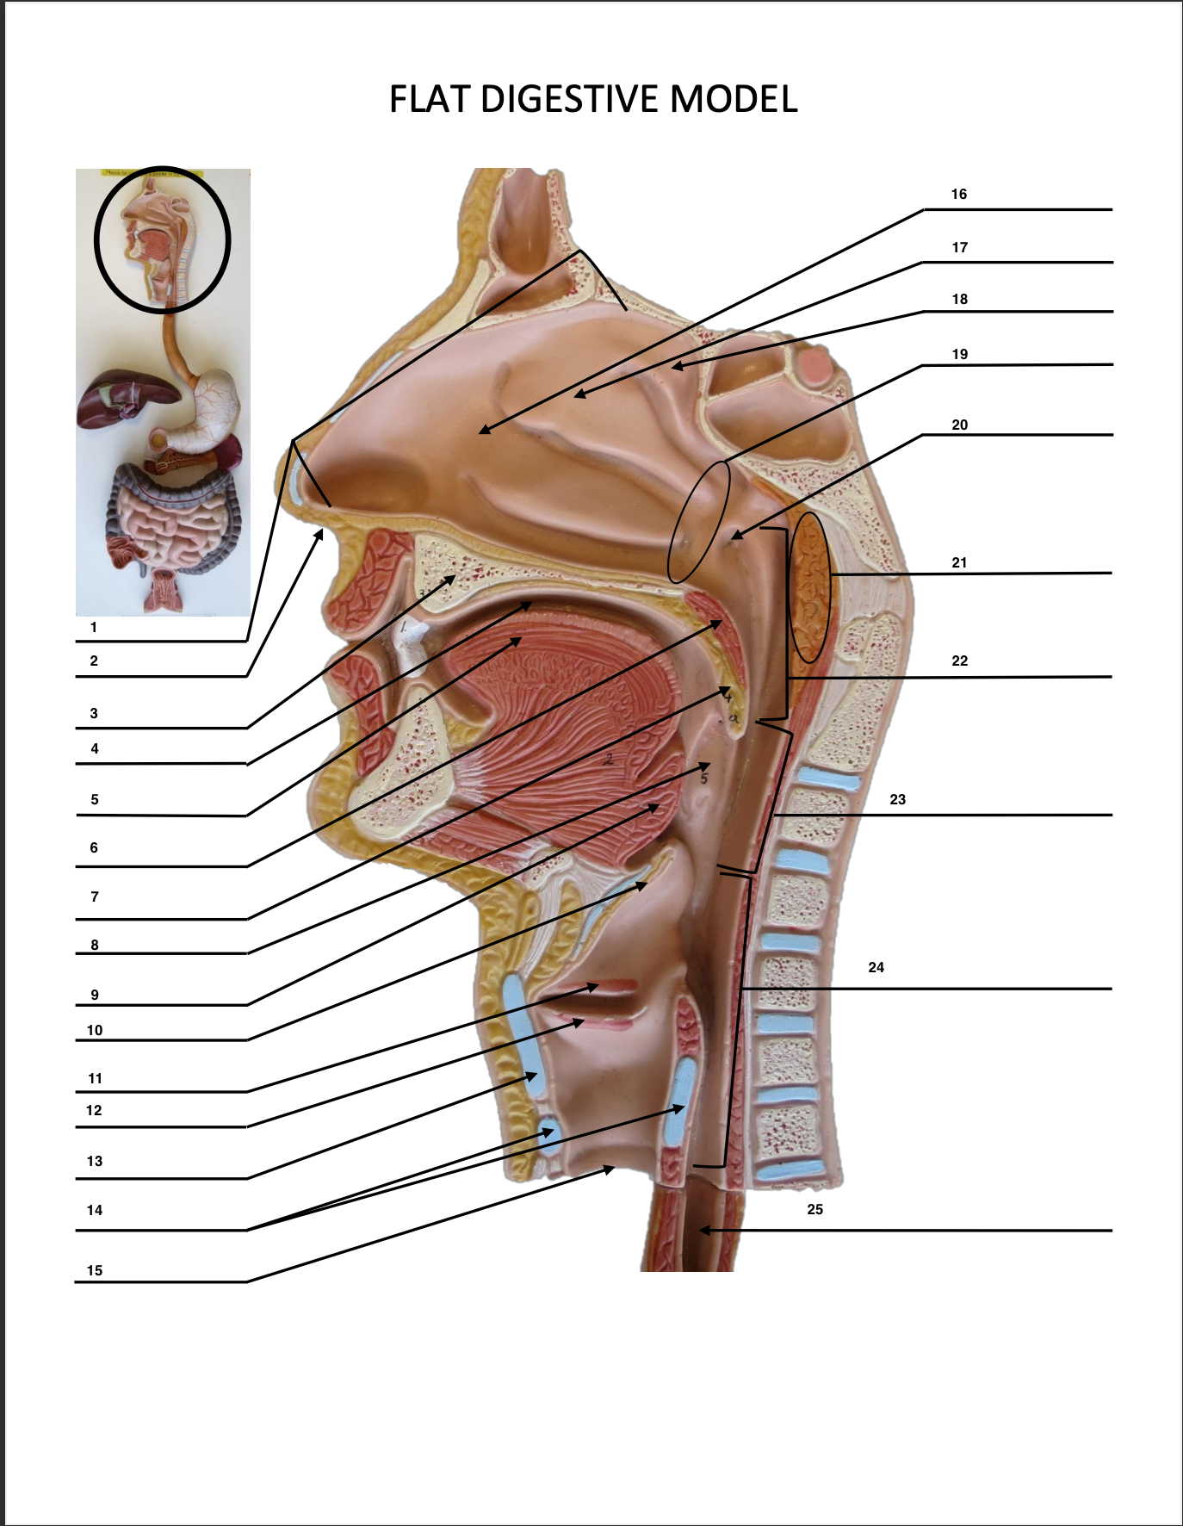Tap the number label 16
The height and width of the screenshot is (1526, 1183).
[x=958, y=195]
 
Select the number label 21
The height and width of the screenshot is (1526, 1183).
[x=959, y=563]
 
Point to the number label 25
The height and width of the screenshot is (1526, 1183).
[x=814, y=1210]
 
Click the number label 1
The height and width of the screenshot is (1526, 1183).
[x=94, y=628]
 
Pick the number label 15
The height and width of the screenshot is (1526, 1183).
[x=95, y=1270]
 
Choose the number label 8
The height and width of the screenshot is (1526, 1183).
[x=95, y=945]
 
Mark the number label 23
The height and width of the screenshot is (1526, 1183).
[x=897, y=800]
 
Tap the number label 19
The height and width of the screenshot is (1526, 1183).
[x=959, y=355]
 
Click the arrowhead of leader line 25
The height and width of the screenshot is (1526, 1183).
[x=703, y=1231]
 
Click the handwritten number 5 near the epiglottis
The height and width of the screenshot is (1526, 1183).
[x=703, y=779]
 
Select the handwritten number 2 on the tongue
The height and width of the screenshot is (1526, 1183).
[x=609, y=760]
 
